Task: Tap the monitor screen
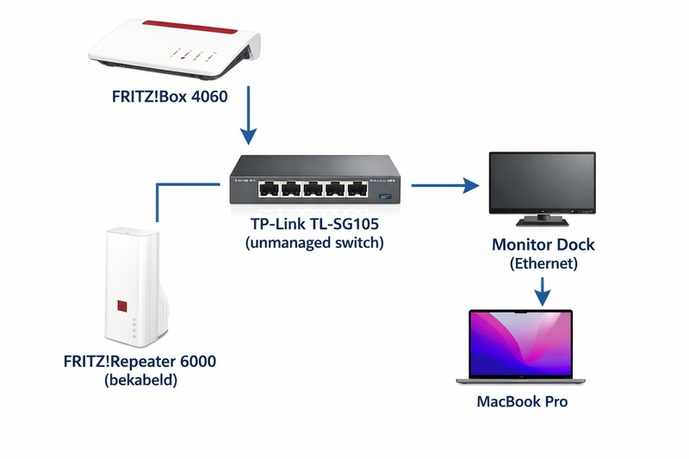pyautogui.click(x=542, y=182)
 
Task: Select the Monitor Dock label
pyautogui.click(x=543, y=245)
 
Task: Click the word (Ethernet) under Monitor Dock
pyautogui.click(x=543, y=264)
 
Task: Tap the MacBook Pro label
pyautogui.click(x=522, y=401)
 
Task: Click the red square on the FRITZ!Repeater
pyautogui.click(x=122, y=306)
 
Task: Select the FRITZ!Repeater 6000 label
pyautogui.click(x=140, y=362)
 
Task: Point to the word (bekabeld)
pyautogui.click(x=140, y=379)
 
